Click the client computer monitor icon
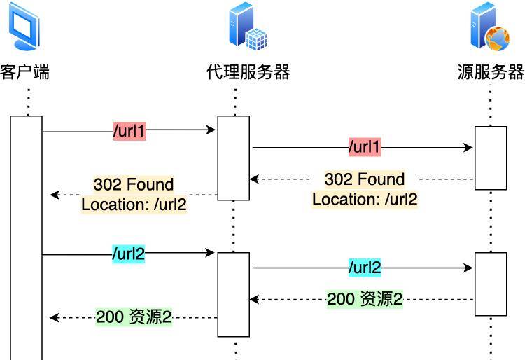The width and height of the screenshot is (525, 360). tap(25, 27)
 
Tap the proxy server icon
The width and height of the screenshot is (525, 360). tap(248, 27)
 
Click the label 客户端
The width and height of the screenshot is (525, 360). tap(25, 72)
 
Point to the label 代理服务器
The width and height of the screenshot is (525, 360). tap(248, 72)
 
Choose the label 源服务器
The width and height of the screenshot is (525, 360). tap(491, 72)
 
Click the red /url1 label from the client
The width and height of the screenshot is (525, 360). tap(129, 130)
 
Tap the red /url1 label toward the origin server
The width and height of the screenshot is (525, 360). tap(365, 148)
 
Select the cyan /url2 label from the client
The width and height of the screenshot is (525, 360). tap(129, 253)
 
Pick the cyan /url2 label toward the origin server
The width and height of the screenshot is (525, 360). tap(365, 267)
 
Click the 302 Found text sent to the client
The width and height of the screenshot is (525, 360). tap(133, 185)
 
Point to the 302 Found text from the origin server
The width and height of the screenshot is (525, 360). tap(365, 179)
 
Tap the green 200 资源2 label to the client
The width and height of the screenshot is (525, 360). tap(134, 317)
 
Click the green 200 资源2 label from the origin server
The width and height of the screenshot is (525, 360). tap(365, 299)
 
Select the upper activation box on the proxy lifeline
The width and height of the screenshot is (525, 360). tap(233, 158)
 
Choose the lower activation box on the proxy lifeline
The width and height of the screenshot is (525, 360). tap(233, 294)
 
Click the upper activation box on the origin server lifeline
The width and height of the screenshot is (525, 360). tap(490, 158)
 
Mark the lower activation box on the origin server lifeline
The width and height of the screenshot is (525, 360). tap(490, 284)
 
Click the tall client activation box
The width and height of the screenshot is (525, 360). tap(27, 238)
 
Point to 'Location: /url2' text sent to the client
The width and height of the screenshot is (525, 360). tap(134, 205)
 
